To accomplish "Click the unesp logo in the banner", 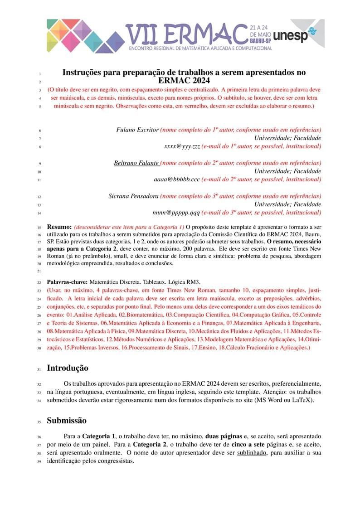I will click(x=297, y=36).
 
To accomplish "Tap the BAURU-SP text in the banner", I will click(x=260, y=41).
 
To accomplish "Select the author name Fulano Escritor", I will click(x=137, y=130).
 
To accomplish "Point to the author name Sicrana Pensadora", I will click(x=133, y=196).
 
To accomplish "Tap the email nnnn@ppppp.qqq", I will click(x=176, y=213).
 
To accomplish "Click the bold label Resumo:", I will click(x=59, y=226).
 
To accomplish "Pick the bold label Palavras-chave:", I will click(x=67, y=282).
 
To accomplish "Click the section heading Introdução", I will click(x=68, y=368).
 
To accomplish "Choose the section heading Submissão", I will click(x=67, y=421).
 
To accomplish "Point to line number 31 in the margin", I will click(x=39, y=369).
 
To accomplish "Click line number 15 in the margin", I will click(x=39, y=227).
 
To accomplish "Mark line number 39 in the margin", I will click(x=39, y=462).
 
